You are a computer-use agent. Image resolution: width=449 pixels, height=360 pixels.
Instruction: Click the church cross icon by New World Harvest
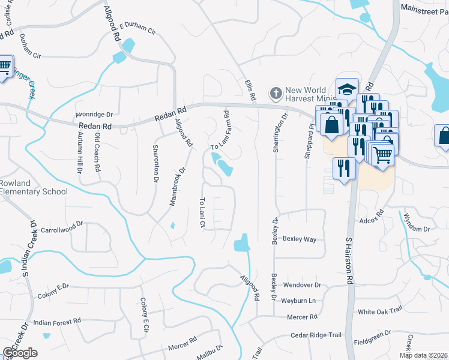click(x=276, y=93)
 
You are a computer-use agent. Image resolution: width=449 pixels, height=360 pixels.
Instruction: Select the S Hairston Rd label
click(x=348, y=261)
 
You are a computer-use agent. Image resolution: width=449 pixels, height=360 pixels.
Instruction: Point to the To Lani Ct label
click(x=203, y=213)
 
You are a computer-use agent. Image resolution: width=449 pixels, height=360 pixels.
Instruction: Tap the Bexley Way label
click(x=299, y=239)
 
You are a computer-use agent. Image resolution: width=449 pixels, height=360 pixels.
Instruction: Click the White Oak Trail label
click(x=379, y=311)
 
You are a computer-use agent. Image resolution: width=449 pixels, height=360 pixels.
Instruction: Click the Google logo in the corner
click(x=20, y=353)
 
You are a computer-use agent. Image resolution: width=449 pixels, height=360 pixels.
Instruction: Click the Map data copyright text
click(x=424, y=355)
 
